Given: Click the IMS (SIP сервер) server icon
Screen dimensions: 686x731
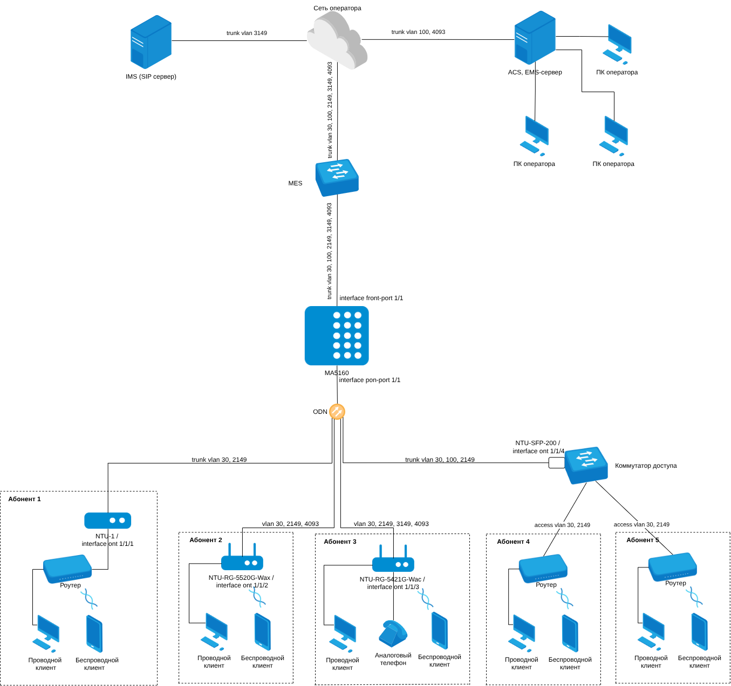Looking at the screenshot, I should point(151,42).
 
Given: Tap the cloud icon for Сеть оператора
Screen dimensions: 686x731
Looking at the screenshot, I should point(337,40).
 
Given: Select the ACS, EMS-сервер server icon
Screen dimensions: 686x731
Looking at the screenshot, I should point(535,38).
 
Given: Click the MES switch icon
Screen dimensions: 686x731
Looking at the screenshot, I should point(337,177).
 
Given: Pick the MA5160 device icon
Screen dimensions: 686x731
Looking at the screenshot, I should point(337,336).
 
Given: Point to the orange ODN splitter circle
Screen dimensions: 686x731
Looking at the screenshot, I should point(337,412).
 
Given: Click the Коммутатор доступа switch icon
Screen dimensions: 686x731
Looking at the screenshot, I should point(586,465).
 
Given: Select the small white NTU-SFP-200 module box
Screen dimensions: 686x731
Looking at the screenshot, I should point(556,462).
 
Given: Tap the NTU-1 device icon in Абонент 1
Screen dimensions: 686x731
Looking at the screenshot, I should point(108,521).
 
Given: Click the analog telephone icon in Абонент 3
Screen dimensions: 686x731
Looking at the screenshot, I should point(393,633).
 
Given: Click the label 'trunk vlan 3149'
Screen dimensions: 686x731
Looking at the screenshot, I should point(247,33).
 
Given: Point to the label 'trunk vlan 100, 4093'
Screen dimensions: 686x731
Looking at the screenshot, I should point(418,32).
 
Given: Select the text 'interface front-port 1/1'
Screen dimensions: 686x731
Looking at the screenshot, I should point(371,298).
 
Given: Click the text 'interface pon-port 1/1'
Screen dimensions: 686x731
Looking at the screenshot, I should point(370,380).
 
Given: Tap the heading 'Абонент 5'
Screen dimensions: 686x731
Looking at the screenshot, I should point(643,540).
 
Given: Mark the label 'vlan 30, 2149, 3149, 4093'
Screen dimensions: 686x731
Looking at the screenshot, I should point(391,524).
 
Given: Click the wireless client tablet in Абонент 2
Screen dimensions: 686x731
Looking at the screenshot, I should point(263,632).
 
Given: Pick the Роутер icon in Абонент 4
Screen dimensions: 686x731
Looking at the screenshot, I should point(543,568).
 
